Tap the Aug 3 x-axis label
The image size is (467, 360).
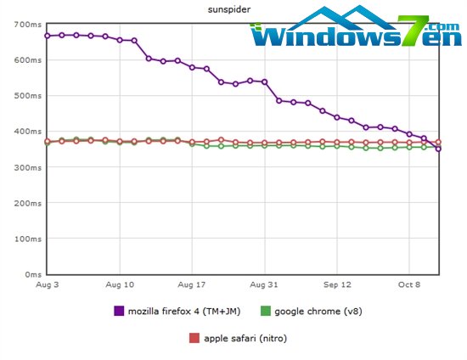48,286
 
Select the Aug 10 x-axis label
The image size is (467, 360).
121,286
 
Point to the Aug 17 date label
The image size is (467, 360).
193,286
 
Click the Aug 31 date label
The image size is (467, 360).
265,286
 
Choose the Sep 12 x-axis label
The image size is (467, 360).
337,286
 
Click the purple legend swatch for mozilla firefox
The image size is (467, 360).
119,311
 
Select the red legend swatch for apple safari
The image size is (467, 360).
194,338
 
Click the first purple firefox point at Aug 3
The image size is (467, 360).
48,36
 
